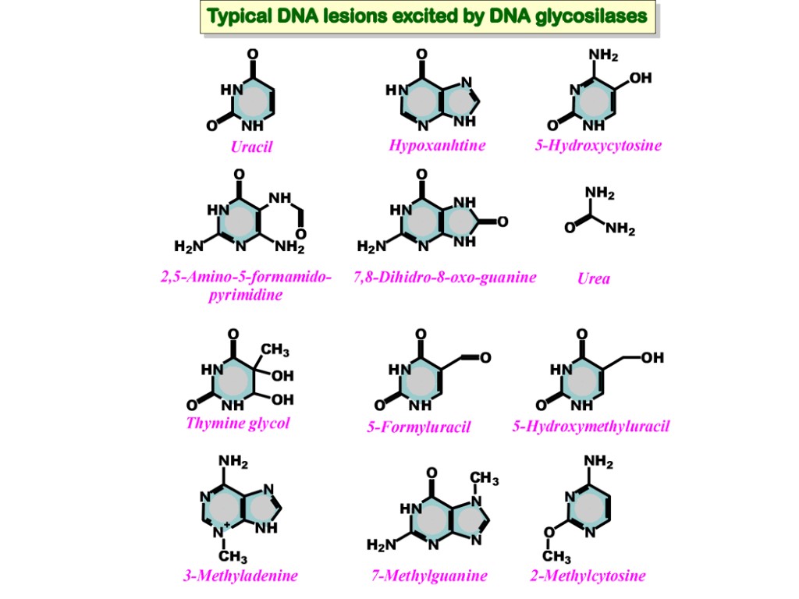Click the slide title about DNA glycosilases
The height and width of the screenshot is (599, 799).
pyautogui.click(x=426, y=16)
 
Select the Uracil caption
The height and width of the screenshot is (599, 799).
pyautogui.click(x=251, y=147)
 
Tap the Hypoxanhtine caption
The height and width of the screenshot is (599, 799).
pyautogui.click(x=437, y=145)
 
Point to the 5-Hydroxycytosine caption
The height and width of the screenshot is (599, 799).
pyautogui.click(x=598, y=145)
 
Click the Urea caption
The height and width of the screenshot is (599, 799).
pyautogui.click(x=594, y=278)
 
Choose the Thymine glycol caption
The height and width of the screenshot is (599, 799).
pyautogui.click(x=237, y=424)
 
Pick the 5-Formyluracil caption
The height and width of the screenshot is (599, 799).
pyautogui.click(x=419, y=427)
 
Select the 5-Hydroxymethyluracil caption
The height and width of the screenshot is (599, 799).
pyautogui.click(x=591, y=426)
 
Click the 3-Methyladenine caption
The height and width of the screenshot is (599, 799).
pyautogui.click(x=240, y=576)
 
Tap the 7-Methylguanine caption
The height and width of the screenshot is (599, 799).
pyautogui.click(x=429, y=576)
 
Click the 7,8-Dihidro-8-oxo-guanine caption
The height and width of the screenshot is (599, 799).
pyautogui.click(x=444, y=277)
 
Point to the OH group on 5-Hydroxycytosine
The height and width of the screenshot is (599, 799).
pyautogui.click(x=640, y=78)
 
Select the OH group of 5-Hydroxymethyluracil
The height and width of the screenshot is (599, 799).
pyautogui.click(x=652, y=357)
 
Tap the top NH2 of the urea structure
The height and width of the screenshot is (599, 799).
pyautogui.click(x=601, y=193)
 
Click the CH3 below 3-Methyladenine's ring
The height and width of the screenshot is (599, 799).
pyautogui.click(x=233, y=557)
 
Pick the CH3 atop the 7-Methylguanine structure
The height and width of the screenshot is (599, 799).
pyautogui.click(x=485, y=478)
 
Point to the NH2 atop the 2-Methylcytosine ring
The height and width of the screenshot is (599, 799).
pyautogui.click(x=598, y=463)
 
